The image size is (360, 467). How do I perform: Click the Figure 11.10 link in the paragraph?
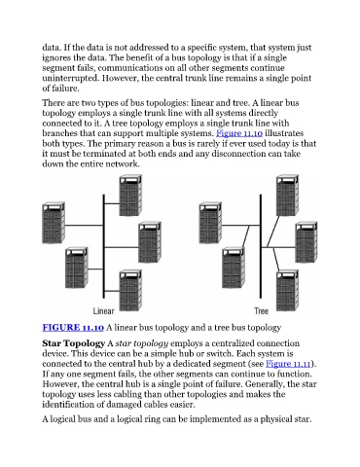239,133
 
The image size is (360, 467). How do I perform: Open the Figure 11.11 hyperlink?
288,364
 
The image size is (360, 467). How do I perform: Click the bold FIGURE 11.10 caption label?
73,328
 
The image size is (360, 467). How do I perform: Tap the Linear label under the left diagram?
103,311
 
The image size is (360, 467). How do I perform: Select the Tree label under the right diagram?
261,311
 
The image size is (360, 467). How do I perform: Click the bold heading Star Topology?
73,343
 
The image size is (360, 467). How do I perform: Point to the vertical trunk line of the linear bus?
104,246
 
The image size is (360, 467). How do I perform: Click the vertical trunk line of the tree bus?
261,246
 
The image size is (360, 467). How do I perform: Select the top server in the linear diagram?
130,196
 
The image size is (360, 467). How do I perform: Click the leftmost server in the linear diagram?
54,223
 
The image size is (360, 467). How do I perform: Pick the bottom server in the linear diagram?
130,291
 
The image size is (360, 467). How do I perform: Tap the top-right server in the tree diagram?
287,196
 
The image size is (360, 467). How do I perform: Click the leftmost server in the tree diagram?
210,223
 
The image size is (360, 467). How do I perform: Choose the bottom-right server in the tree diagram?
287,291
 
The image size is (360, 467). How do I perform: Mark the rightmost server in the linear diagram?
150,242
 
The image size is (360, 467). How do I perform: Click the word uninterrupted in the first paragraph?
70,79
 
